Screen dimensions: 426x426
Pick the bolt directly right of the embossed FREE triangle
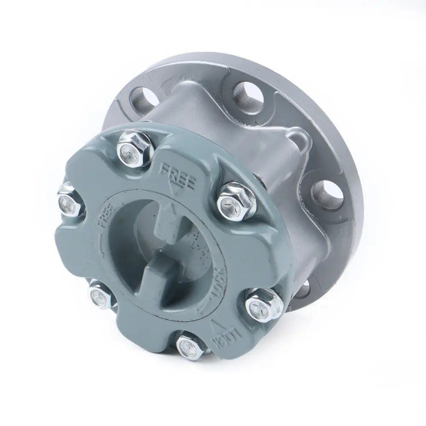234,201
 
